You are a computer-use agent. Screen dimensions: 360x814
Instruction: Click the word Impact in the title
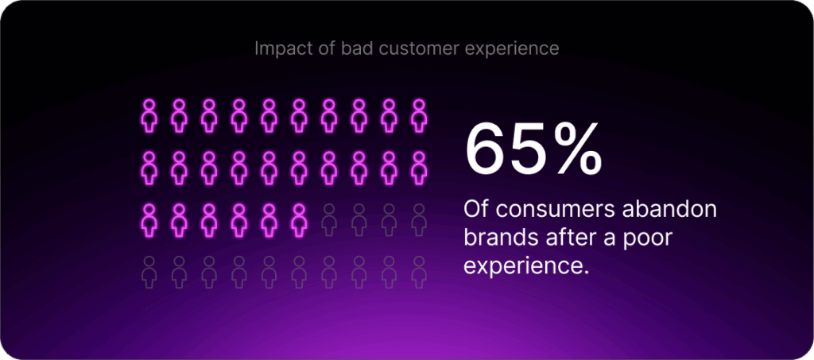277,49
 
